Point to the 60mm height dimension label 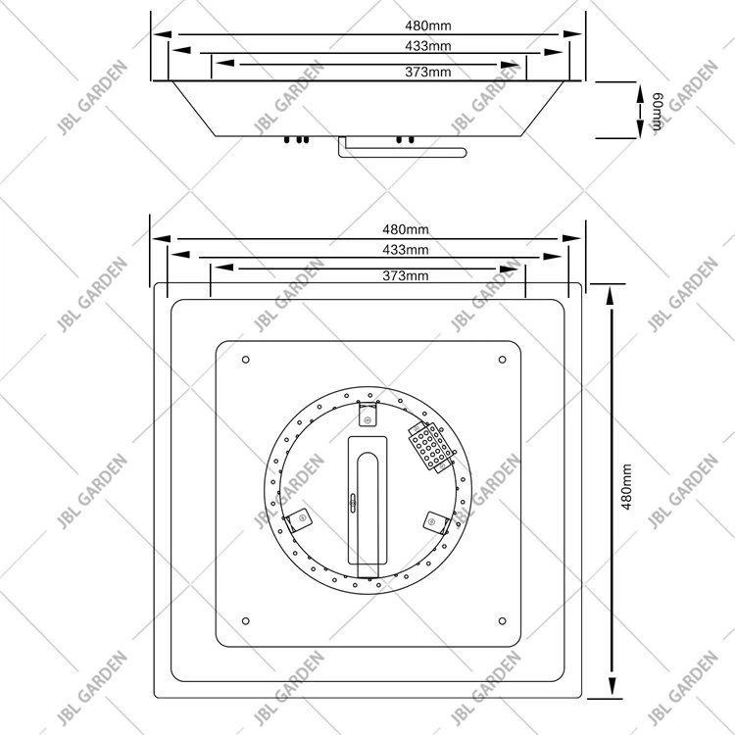point(658,110)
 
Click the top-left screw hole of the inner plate point(245,359)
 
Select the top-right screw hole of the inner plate point(502,359)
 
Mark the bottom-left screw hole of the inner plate point(245,619)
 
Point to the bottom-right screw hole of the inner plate point(502,619)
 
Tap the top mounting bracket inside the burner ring point(368,419)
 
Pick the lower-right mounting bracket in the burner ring point(432,519)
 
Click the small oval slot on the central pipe point(354,503)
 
